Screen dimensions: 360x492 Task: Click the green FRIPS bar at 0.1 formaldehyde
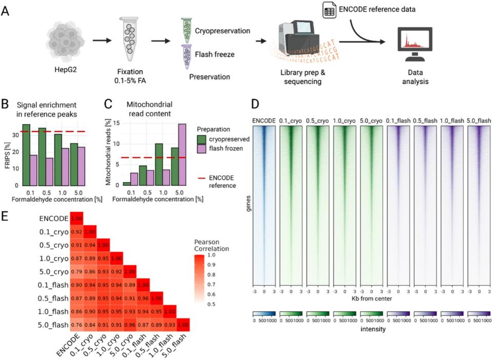coord(26,155)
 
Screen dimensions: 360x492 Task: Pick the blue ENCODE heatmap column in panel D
coord(264,205)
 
